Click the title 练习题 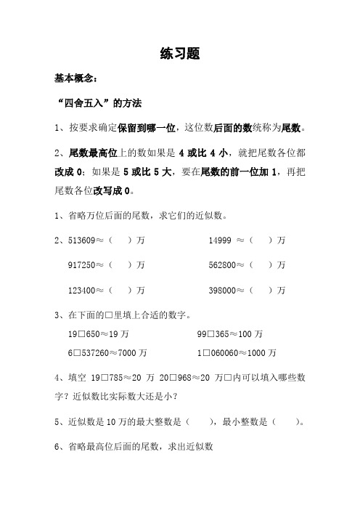(179, 53)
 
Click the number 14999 (221, 239)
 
